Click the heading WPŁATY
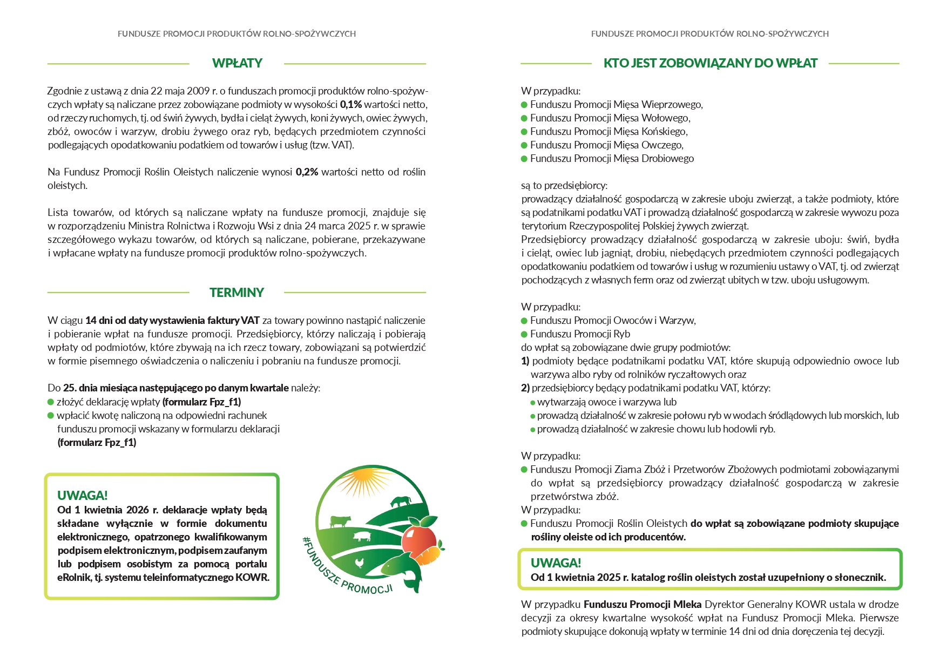point(237,63)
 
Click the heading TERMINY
point(236,293)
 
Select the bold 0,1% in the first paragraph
point(351,105)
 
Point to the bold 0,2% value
point(307,172)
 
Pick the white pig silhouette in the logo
point(362,536)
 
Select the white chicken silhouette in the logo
point(360,563)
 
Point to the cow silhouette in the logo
point(340,521)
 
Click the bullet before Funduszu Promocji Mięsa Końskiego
point(524,132)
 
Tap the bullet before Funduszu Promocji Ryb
point(524,334)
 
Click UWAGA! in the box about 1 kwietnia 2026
point(82,495)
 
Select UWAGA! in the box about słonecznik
point(556,563)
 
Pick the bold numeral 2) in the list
point(525,388)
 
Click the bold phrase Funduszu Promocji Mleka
point(642,604)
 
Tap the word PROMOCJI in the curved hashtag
point(367,587)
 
